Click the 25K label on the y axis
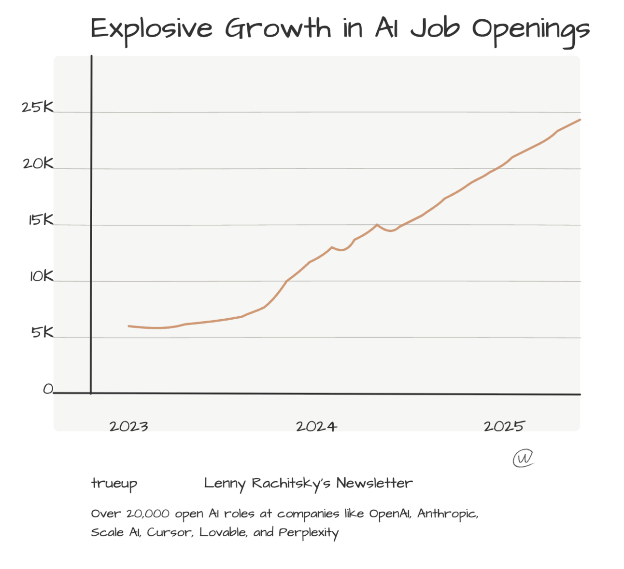click(x=37, y=107)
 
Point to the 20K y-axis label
click(x=38, y=164)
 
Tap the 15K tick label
click(x=41, y=220)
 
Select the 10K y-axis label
click(x=41, y=277)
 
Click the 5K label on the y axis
click(x=42, y=333)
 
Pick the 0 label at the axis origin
click(x=47, y=389)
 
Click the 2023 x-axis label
click(x=128, y=426)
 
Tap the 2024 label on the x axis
click(x=316, y=426)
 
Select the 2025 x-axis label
click(x=504, y=426)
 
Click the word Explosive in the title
click(x=151, y=29)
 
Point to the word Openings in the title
click(x=530, y=30)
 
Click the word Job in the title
click(x=434, y=29)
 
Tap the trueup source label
click(x=114, y=484)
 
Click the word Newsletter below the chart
click(x=374, y=483)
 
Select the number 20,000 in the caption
click(x=148, y=514)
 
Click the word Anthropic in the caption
click(x=447, y=514)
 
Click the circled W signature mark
click(x=523, y=458)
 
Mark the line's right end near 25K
click(x=580, y=120)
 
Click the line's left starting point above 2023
click(x=128, y=326)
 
